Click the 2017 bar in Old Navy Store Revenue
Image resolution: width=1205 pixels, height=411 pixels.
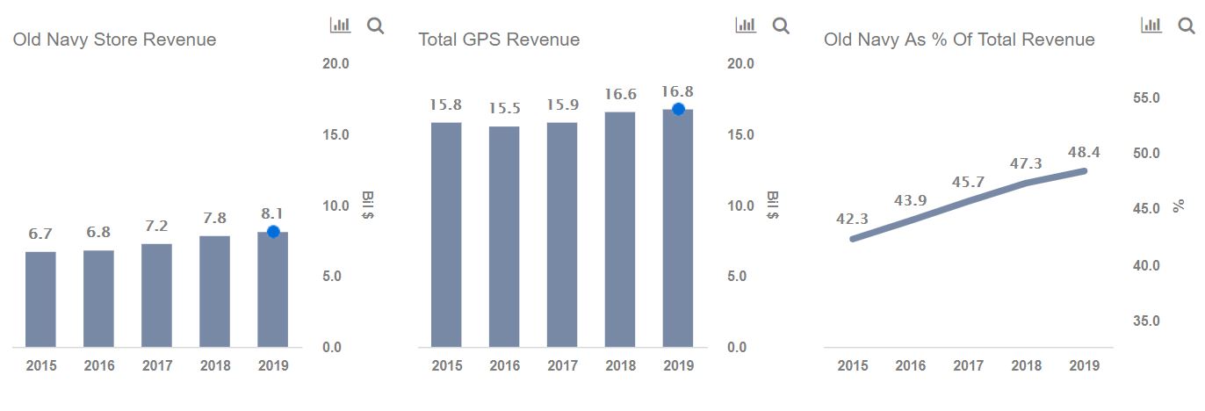(156, 295)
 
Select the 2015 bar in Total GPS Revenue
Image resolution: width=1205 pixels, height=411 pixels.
(446, 234)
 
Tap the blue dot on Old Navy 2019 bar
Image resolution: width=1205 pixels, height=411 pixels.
(273, 232)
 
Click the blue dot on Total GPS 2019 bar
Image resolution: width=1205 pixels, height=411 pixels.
(678, 109)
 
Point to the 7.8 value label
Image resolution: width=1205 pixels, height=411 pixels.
(214, 219)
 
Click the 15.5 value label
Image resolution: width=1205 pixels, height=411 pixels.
(504, 108)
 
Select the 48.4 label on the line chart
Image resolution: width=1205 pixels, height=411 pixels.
(1084, 153)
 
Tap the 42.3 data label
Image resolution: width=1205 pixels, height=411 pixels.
(852, 219)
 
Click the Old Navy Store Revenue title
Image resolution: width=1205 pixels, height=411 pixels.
(114, 40)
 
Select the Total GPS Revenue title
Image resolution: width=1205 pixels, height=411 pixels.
(499, 40)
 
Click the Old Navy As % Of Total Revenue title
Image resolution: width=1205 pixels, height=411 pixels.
(959, 40)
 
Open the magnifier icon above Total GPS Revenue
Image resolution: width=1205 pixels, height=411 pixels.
(781, 25)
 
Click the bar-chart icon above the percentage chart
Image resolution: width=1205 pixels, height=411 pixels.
(1151, 25)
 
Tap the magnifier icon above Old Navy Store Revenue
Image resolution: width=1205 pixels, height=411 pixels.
(375, 25)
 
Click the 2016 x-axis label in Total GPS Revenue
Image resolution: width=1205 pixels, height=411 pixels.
(504, 365)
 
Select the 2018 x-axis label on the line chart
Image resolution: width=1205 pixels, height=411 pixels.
(1027, 365)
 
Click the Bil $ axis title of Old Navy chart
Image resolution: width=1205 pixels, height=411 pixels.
(368, 205)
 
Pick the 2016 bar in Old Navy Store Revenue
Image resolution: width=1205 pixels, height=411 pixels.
(98, 299)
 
